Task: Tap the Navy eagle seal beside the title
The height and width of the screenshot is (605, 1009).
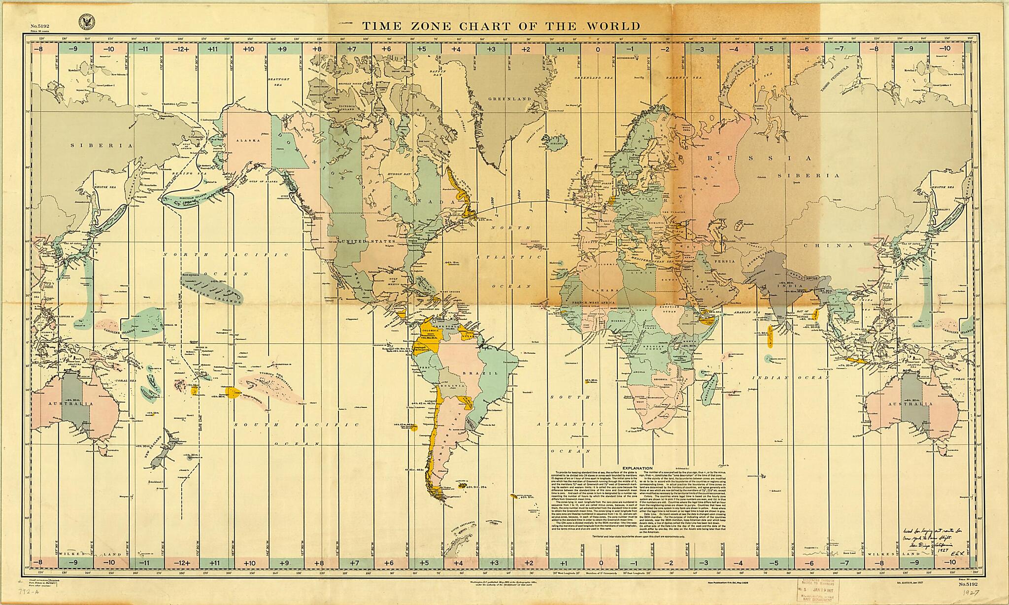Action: click(86, 22)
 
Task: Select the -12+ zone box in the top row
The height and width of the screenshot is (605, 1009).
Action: click(182, 49)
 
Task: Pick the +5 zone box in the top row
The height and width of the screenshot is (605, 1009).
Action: click(421, 49)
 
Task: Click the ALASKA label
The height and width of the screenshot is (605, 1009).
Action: click(247, 140)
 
